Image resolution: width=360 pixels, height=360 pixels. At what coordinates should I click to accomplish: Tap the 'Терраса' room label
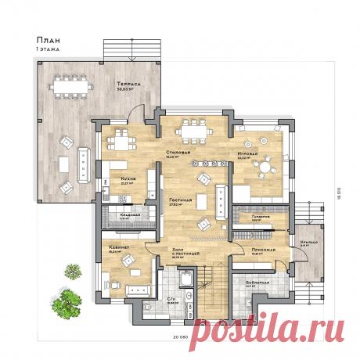click(128, 82)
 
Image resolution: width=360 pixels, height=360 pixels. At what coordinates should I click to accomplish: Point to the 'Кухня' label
click(128, 178)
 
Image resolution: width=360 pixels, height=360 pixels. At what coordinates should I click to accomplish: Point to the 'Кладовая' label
click(129, 214)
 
